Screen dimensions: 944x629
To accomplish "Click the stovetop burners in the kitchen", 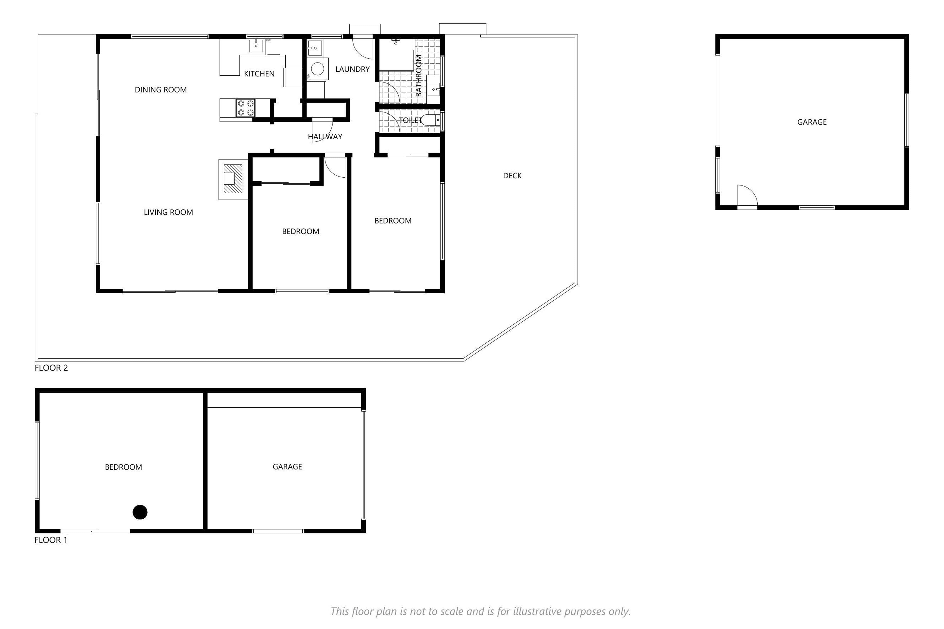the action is click(245, 108).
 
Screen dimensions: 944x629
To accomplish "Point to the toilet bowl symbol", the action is click(431, 120).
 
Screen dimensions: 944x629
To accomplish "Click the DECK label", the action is click(512, 176).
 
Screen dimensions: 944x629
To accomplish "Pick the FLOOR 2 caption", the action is click(51, 368).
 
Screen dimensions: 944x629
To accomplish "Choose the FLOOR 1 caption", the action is click(51, 540).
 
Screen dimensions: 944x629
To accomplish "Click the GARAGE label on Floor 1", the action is click(287, 467).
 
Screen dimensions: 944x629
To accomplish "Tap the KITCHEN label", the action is click(259, 74).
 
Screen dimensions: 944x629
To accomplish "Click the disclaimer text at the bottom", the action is click(480, 611).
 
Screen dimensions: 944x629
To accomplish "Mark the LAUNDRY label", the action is click(352, 69).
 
